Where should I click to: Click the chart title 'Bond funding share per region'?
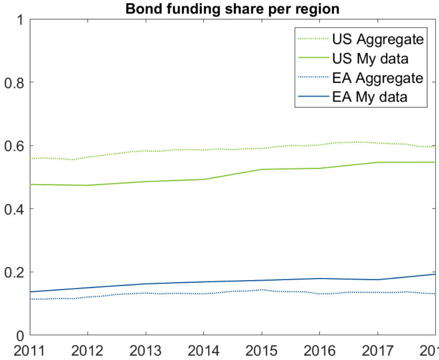coord(233,9)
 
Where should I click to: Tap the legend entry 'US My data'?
coord(370,59)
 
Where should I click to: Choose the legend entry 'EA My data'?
coord(370,97)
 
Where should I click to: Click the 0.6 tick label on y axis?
coord(14,146)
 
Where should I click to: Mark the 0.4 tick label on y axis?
coord(14,209)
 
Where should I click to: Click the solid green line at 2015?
coord(262,169)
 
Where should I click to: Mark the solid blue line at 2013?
coord(146,284)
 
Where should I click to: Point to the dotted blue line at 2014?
coord(204,294)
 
